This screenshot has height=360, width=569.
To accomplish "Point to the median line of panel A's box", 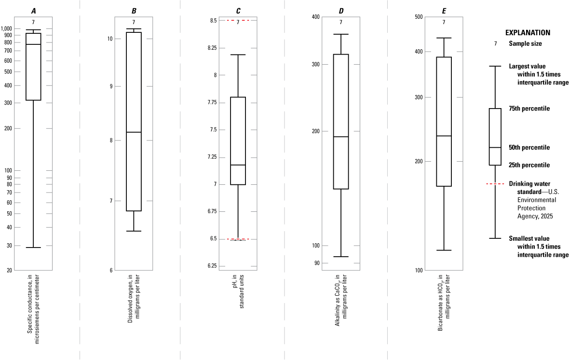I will point(33,44).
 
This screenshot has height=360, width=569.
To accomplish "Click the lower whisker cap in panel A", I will point(33,248).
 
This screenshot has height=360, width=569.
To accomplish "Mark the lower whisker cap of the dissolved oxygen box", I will point(134,231).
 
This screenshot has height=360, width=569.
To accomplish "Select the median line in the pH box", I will point(238,165).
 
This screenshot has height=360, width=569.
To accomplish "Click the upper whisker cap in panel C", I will point(238,55).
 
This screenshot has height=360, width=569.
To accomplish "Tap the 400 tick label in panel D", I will point(316,17).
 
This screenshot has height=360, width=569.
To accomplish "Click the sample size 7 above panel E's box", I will point(444,22).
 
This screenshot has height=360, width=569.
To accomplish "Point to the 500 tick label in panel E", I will point(419,17).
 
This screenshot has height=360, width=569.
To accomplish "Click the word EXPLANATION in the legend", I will point(528,33).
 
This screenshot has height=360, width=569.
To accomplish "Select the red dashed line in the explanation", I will point(495,184).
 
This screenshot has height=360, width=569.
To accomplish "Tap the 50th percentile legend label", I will point(529,147).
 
